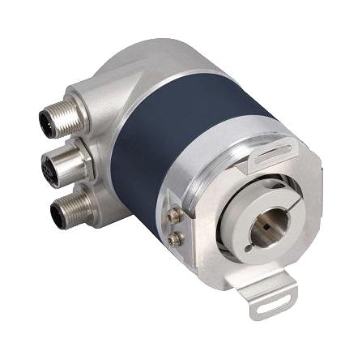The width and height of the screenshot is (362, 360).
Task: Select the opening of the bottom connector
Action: [x=58, y=215]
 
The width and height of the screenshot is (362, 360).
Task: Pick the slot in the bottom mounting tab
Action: [x=270, y=306]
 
